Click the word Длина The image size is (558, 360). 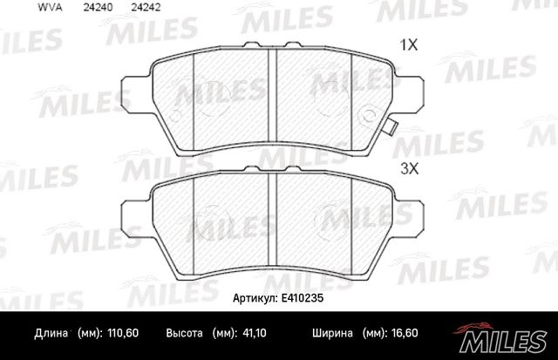coord(51,334)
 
